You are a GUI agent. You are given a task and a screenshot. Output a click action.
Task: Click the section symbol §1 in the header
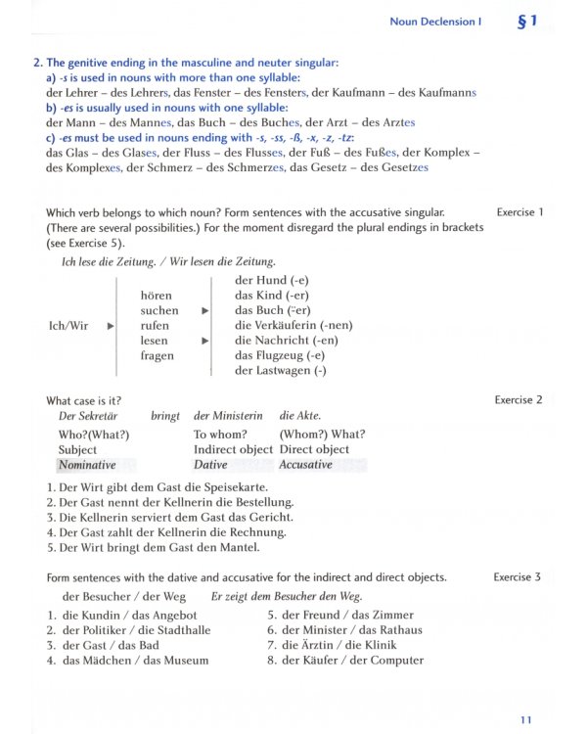pyautogui.click(x=526, y=21)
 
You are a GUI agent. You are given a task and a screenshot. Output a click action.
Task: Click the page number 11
pyautogui.click(x=527, y=719)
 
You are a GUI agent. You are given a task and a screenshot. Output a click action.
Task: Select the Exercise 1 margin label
pyautogui.click(x=519, y=211)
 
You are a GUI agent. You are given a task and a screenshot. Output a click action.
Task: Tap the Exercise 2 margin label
pyautogui.click(x=519, y=399)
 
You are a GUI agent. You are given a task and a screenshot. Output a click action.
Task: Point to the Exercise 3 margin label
pyautogui.click(x=518, y=577)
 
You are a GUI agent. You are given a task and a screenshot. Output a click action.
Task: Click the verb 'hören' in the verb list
pyautogui.click(x=157, y=295)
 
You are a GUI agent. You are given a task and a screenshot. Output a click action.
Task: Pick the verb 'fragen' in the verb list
pyautogui.click(x=158, y=356)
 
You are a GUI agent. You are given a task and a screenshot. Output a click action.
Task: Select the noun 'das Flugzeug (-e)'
pyautogui.click(x=279, y=356)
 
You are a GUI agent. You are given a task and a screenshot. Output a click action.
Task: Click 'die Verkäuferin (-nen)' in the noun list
pyautogui.click(x=293, y=325)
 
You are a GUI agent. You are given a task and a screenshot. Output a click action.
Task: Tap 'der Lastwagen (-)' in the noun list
pyautogui.click(x=281, y=371)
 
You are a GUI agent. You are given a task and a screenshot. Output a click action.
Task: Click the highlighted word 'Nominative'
pyautogui.click(x=87, y=465)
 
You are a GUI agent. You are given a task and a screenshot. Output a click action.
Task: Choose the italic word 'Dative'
pyautogui.click(x=210, y=465)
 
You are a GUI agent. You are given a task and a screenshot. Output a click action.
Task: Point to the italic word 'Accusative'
pyautogui.click(x=305, y=465)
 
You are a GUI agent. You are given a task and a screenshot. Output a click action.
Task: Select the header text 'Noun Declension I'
pyautogui.click(x=435, y=22)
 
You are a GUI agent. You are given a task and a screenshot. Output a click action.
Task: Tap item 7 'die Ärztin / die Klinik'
pyautogui.click(x=337, y=645)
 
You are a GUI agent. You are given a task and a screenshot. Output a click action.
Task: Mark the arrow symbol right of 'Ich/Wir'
pyautogui.click(x=111, y=325)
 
